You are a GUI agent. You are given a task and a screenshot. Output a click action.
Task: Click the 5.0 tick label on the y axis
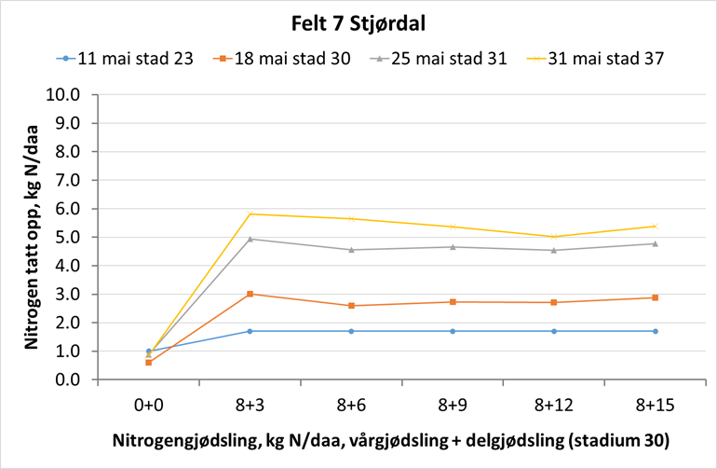pyautogui.click(x=68, y=237)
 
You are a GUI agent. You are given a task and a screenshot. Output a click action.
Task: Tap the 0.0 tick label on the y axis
pyautogui.click(x=68, y=379)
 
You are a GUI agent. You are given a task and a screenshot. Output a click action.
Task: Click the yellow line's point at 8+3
pyautogui.click(x=250, y=214)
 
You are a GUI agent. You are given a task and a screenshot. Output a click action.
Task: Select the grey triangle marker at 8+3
pyautogui.click(x=250, y=239)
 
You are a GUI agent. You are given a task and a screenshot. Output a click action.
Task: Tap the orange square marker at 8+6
pyautogui.click(x=351, y=306)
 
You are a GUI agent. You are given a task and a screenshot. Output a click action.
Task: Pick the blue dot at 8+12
pyautogui.click(x=554, y=331)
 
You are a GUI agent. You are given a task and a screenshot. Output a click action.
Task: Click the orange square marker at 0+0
pyautogui.click(x=148, y=362)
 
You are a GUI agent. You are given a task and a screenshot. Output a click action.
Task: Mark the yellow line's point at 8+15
pyautogui.click(x=656, y=226)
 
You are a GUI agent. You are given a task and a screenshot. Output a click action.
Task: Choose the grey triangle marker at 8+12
pyautogui.click(x=554, y=250)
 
